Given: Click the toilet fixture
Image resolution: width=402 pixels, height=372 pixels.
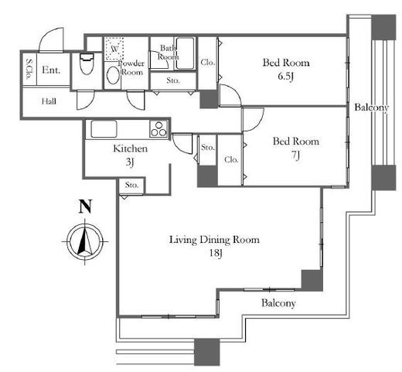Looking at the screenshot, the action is point(87,64).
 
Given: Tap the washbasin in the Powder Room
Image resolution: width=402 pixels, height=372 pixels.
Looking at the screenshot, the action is point(113,75).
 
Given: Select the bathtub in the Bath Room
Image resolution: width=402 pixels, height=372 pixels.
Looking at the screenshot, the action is point(185,53).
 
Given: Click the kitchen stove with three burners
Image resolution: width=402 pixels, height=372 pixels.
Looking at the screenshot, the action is point(158,128).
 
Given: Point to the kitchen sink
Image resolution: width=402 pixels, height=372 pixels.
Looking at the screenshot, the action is point(104,129).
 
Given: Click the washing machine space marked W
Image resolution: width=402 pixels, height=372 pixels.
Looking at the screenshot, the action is point(114,49).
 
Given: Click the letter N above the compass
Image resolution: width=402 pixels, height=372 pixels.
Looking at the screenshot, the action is point(85,206).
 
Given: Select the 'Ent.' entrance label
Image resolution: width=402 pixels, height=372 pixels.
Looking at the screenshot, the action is point(51,70).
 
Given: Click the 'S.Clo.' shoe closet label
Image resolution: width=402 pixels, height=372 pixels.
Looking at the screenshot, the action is point(29,69).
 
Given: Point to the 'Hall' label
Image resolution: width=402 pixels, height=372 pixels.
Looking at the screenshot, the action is point(49,101).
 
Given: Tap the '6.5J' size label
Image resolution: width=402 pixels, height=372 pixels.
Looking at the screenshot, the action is point(286,77).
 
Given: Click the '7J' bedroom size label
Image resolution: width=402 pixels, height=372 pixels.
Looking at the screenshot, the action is point(295,155).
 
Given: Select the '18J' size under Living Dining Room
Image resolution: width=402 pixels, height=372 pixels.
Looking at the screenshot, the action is point(216,253).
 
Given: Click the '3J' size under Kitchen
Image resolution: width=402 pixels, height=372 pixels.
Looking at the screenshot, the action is point(130,162).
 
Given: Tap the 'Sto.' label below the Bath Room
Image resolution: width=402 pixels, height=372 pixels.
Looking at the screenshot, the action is point(173,80).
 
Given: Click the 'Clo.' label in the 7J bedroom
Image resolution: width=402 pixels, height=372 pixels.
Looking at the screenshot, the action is point(231,159).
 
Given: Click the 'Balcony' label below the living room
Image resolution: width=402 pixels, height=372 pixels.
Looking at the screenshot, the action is point(278,303).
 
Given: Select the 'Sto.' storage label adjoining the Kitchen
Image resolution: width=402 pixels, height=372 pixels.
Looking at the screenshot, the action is point(131,185).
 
